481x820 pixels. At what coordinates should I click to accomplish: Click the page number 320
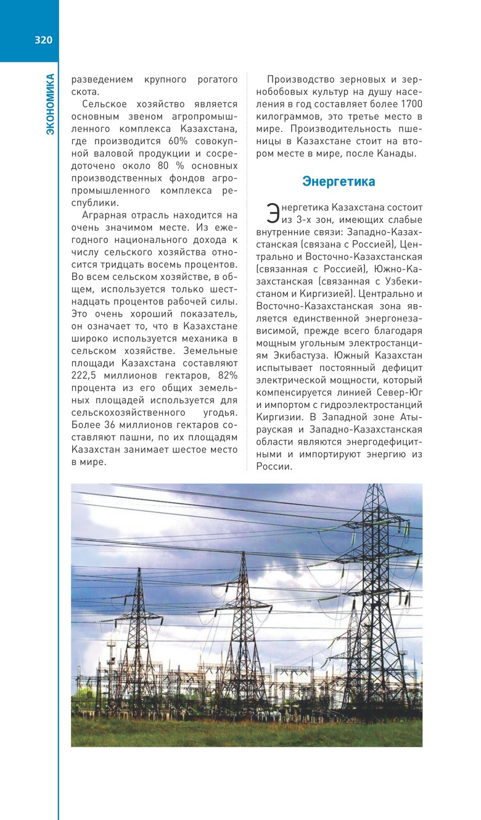pyautogui.click(x=43, y=41)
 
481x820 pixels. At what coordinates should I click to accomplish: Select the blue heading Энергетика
pyautogui.click(x=339, y=181)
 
